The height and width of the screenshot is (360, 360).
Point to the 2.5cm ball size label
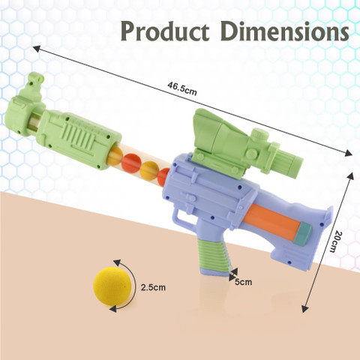click(x=151, y=286)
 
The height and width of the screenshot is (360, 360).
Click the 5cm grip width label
click(x=242, y=282)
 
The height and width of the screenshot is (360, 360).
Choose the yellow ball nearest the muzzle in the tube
click(x=115, y=156)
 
